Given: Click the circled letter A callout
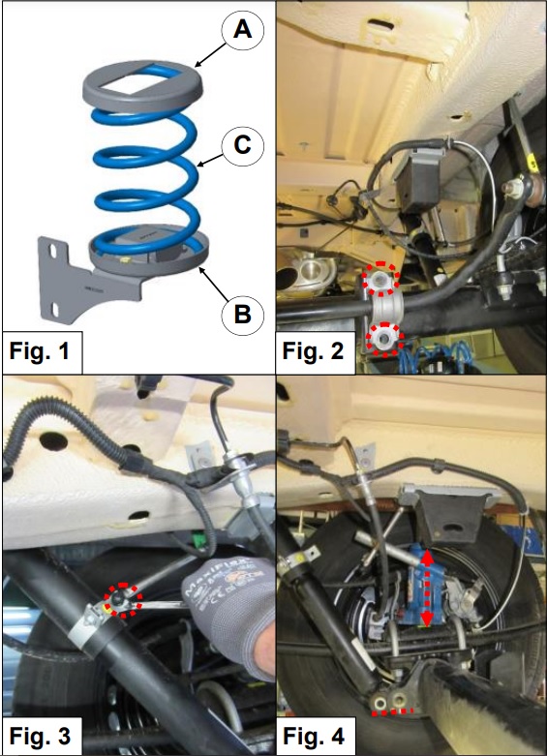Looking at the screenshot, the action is (x=243, y=30).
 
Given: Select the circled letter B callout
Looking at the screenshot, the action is (x=243, y=315).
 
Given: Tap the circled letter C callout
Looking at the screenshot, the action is (x=243, y=144).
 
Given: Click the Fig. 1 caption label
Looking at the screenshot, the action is (x=40, y=351).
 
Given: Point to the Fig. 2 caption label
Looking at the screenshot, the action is (x=313, y=351).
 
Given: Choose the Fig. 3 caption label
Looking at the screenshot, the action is (x=40, y=737).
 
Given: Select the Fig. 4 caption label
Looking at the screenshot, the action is (x=314, y=737).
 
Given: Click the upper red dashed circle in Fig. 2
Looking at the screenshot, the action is (x=381, y=279).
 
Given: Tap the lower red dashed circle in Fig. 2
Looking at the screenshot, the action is (x=384, y=339).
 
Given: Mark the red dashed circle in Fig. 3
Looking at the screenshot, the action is (x=125, y=600).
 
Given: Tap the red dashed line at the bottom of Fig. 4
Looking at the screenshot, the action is (x=392, y=711).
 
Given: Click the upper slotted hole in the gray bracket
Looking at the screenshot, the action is (x=53, y=252).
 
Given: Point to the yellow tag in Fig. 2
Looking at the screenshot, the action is (x=533, y=163).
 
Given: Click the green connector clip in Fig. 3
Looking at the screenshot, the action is (x=197, y=537).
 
